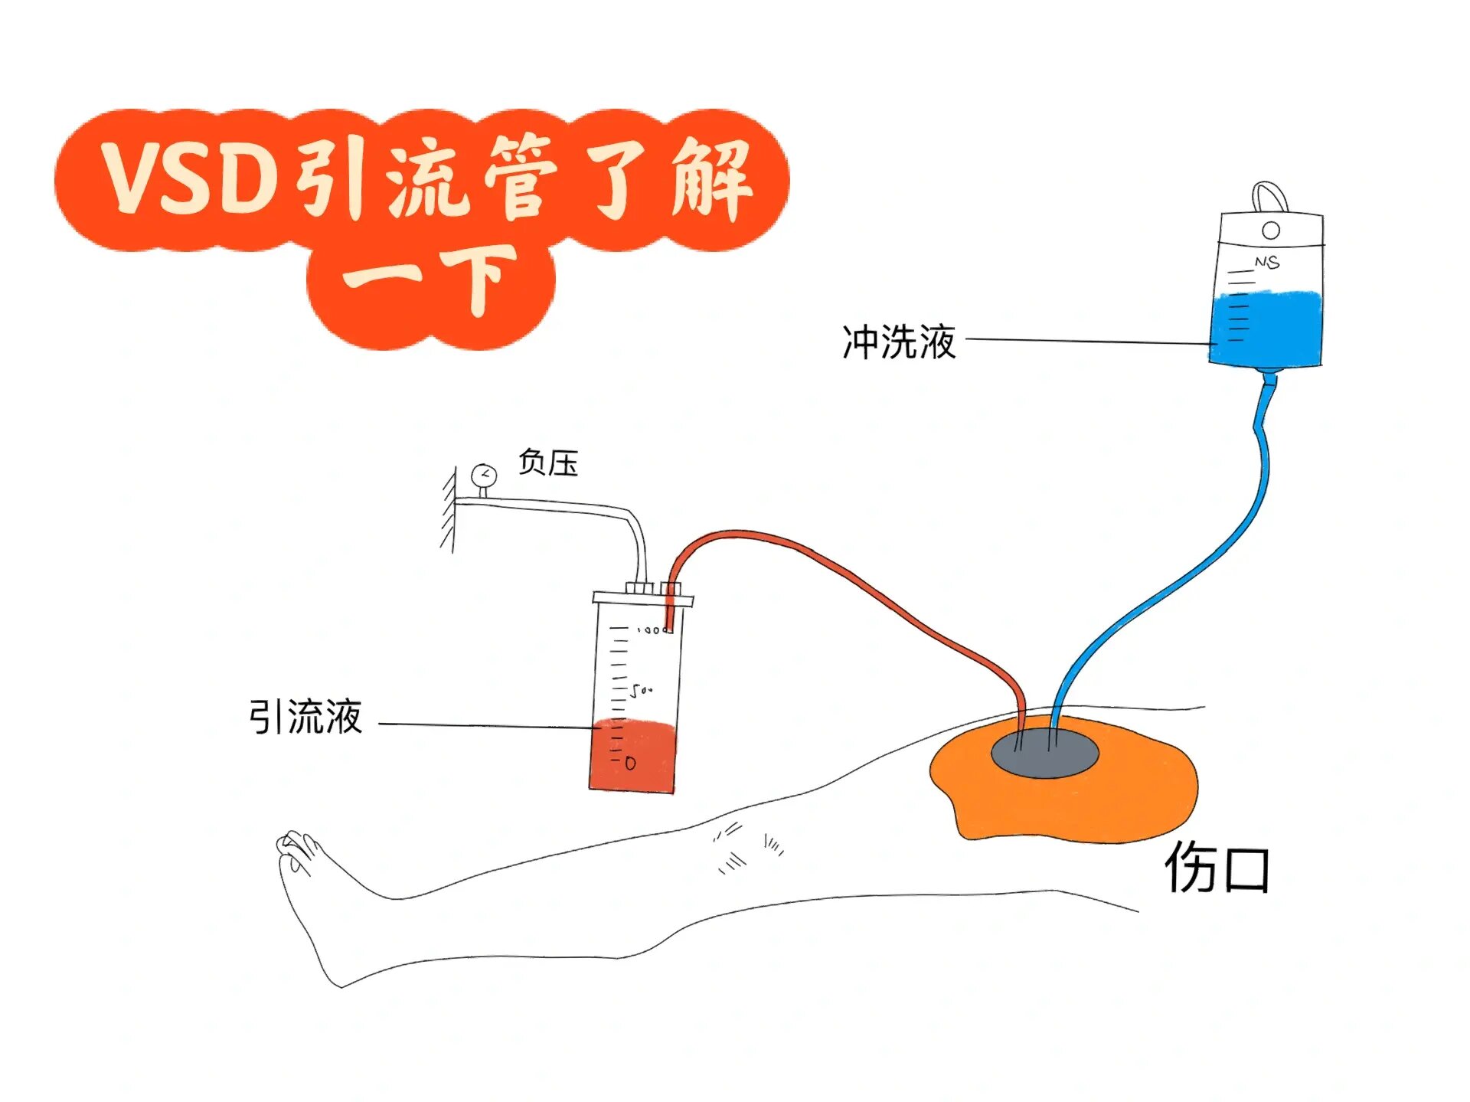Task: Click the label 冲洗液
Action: tap(899, 342)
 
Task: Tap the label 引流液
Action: tap(305, 718)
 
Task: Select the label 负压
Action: tap(547, 463)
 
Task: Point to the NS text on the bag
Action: tap(1266, 262)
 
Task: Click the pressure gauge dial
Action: tap(484, 476)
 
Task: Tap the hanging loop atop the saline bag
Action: tap(1270, 196)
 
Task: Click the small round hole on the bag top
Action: tap(1271, 231)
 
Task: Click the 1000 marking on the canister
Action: tap(653, 630)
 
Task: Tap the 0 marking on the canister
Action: tap(630, 764)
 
